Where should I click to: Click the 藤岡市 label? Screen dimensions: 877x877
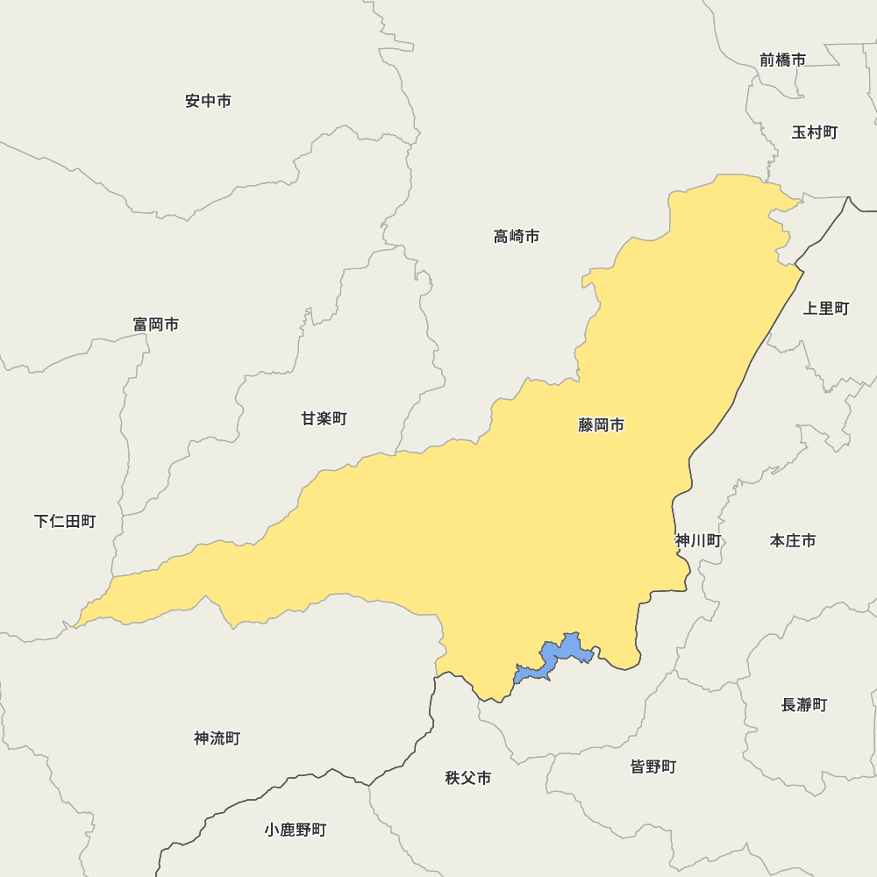(x=602, y=425)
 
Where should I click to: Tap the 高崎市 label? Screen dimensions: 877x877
(x=517, y=236)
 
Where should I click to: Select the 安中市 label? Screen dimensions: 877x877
(x=209, y=101)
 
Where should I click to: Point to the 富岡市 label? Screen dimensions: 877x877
(x=156, y=324)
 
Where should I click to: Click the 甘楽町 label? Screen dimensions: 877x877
(x=324, y=418)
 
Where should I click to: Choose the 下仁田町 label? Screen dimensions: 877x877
(x=65, y=521)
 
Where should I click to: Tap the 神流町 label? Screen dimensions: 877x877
(x=217, y=738)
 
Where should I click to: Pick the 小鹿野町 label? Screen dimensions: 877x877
(x=296, y=830)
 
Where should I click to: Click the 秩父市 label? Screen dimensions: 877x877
(x=468, y=778)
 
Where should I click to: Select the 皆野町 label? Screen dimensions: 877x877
(x=653, y=766)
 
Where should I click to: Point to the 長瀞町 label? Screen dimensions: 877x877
(x=804, y=704)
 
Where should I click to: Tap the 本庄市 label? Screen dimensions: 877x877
(x=793, y=540)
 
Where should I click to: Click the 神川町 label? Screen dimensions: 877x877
(x=698, y=540)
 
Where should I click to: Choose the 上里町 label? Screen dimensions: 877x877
(x=826, y=308)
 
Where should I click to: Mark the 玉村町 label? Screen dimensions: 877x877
(x=815, y=132)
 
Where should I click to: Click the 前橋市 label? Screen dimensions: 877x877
(x=783, y=60)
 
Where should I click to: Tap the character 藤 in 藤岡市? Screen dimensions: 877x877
(x=587, y=425)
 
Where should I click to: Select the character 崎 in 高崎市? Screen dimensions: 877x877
(x=517, y=236)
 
